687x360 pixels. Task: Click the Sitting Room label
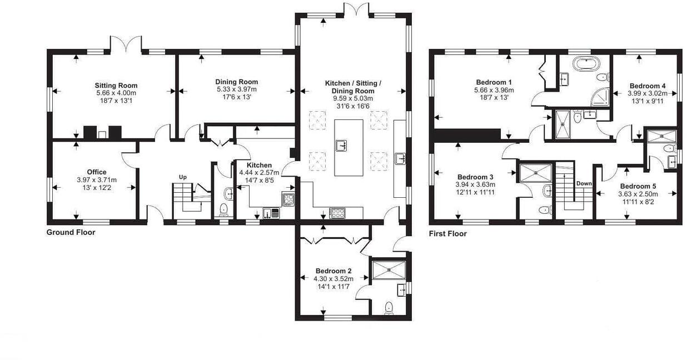(x=116, y=86)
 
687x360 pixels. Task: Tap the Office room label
(x=96, y=172)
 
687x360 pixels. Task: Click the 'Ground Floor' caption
(x=71, y=232)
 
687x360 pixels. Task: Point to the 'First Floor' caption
(x=448, y=234)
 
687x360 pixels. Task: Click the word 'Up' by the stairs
(x=182, y=177)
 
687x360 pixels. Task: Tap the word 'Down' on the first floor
(x=584, y=183)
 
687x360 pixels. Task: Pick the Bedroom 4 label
(x=647, y=86)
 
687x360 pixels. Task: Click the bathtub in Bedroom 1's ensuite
(x=584, y=64)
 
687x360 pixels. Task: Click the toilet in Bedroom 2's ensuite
(x=389, y=307)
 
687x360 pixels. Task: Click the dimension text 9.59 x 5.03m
(x=354, y=98)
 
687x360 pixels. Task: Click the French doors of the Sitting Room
(x=127, y=44)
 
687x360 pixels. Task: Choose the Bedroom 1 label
(x=494, y=82)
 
